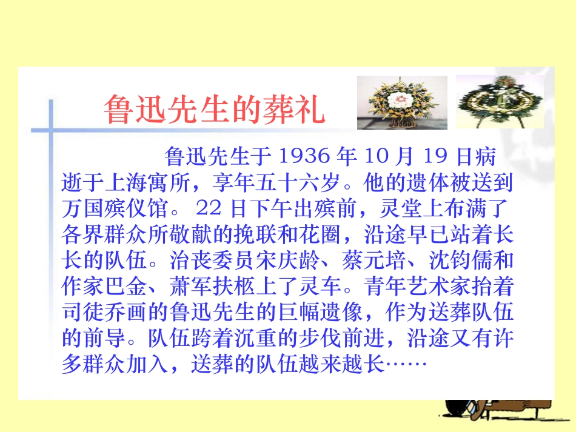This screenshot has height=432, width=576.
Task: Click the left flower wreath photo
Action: pos(402,102)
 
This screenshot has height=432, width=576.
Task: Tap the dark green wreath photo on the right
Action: pos(500,101)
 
